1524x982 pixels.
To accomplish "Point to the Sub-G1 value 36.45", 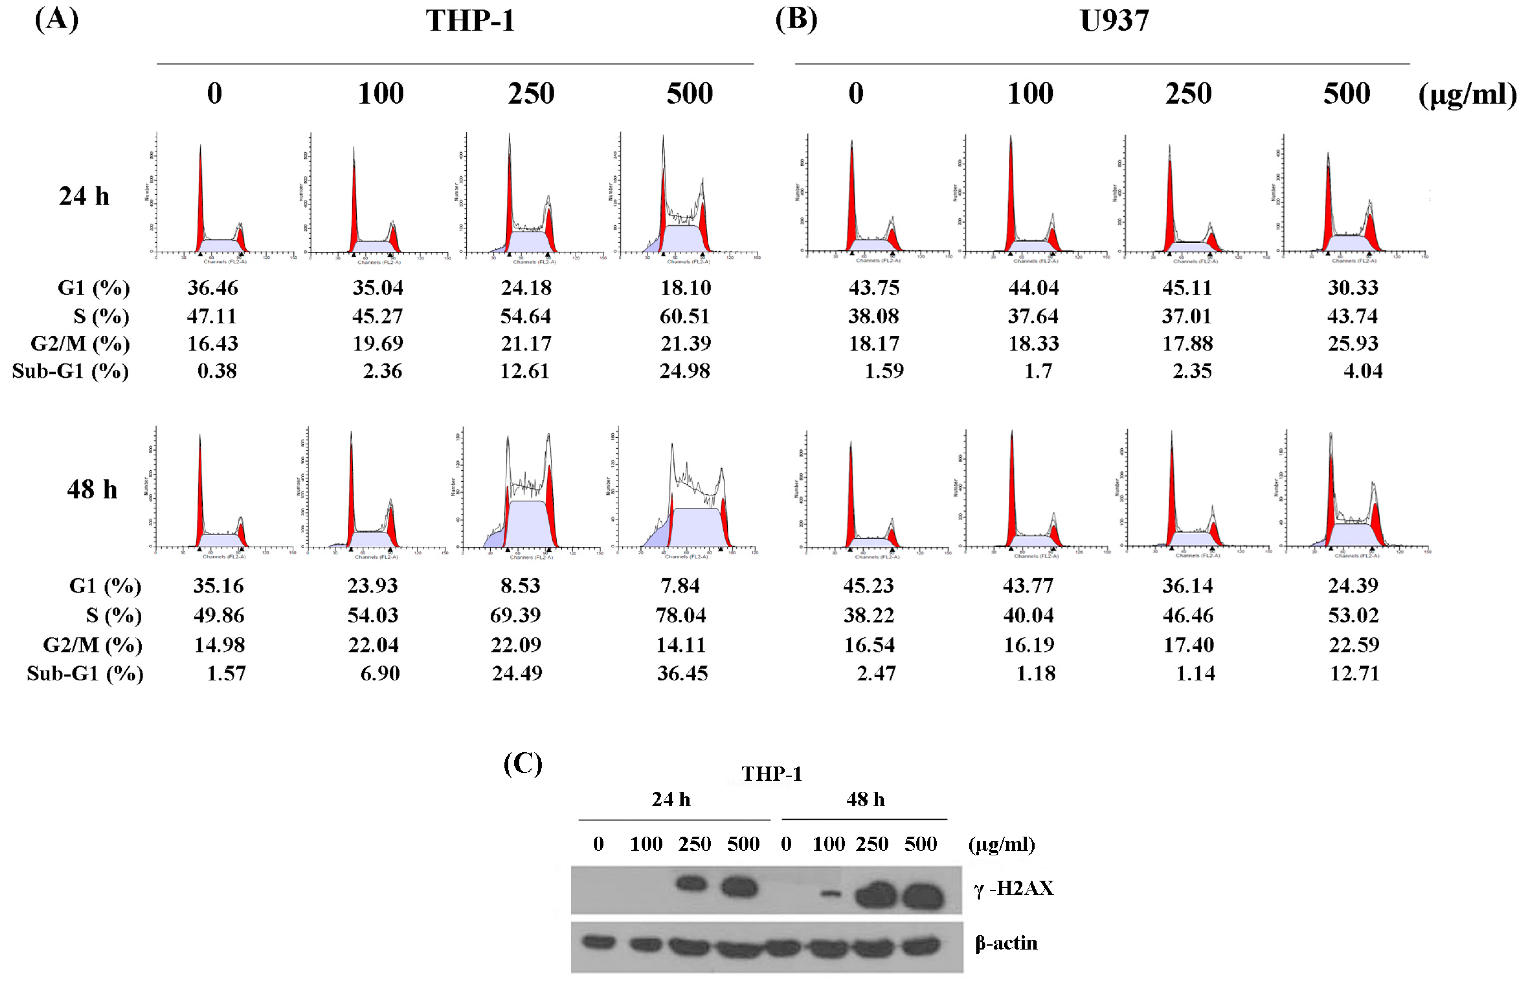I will pyautogui.click(x=682, y=674).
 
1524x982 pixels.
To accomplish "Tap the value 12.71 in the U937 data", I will pyautogui.click(x=1354, y=674).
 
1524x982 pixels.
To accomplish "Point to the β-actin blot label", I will pyautogui.click(x=1006, y=943).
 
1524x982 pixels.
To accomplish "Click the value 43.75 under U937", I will pyautogui.click(x=873, y=288).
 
